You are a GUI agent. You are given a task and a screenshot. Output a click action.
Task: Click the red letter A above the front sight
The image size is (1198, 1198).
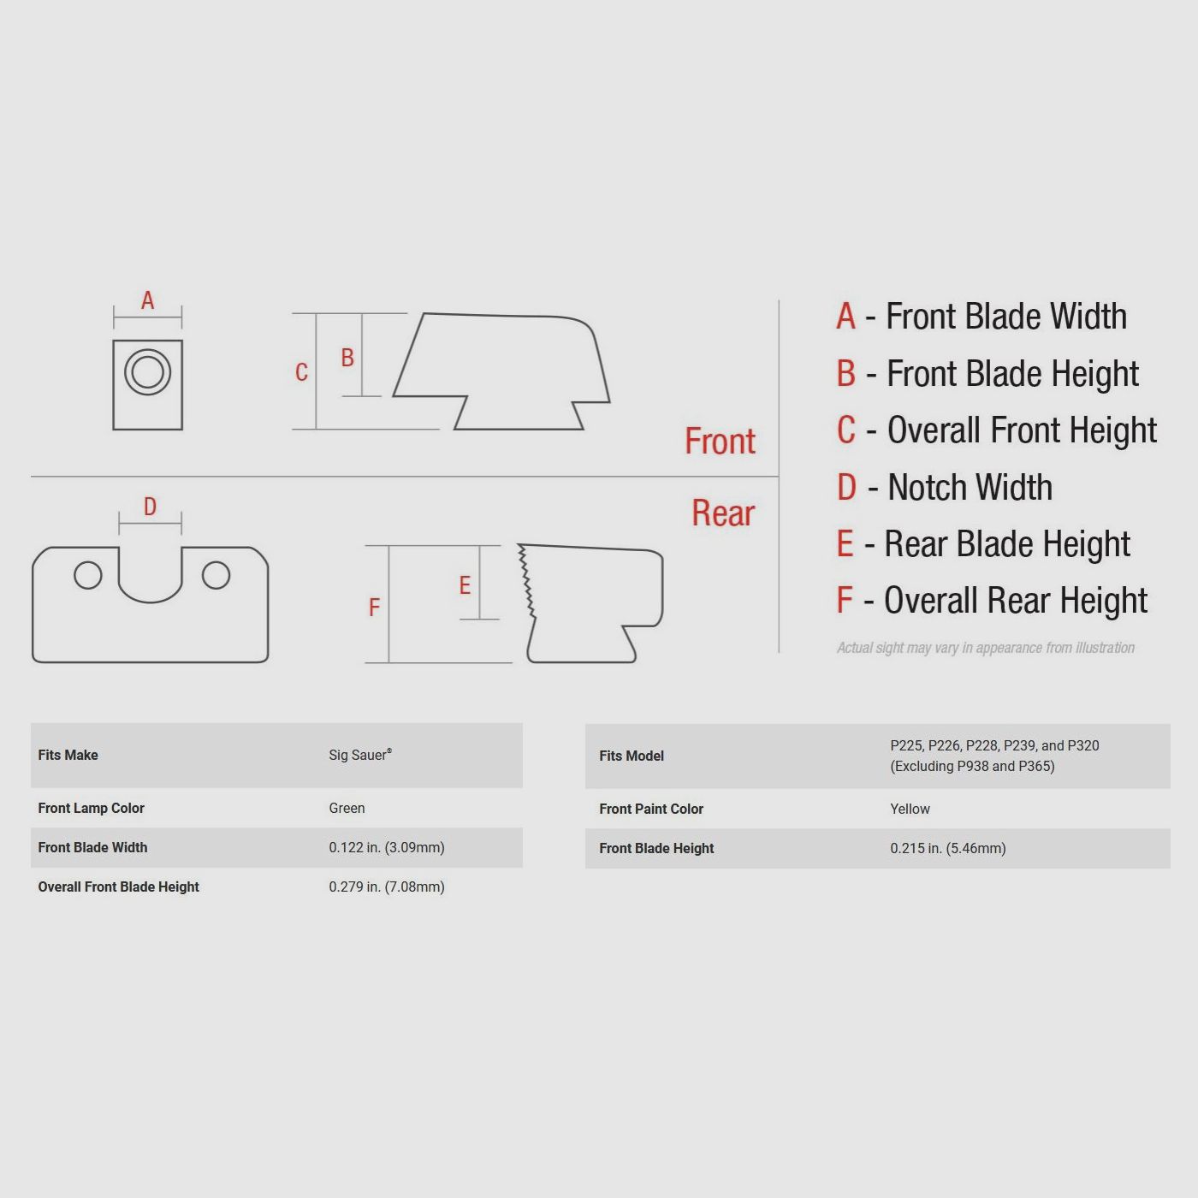147,300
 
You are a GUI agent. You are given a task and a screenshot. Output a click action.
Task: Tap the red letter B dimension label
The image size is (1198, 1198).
347,358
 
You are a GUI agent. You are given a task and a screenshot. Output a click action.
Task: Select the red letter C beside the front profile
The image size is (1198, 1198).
301,371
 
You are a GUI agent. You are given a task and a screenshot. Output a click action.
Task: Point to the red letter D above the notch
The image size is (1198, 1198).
150,507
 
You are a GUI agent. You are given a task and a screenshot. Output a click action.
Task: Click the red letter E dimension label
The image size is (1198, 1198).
465,585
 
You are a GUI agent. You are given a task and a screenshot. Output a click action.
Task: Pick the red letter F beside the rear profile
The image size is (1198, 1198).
374,608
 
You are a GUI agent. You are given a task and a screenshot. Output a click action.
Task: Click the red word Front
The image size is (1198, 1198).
720,442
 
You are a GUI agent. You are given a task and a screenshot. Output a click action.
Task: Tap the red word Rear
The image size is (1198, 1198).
723,513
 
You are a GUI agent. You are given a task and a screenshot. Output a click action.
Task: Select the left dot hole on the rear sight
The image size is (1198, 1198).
87,575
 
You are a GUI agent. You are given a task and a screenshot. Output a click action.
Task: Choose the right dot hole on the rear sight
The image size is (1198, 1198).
216,575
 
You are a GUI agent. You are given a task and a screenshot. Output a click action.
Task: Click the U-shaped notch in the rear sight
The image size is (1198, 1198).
151,602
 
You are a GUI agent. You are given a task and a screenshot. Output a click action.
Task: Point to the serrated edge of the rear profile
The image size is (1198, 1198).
526,581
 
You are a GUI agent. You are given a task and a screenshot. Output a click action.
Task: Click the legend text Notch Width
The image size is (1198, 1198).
970,488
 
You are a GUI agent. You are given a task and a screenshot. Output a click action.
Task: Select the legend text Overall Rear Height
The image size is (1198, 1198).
1015,601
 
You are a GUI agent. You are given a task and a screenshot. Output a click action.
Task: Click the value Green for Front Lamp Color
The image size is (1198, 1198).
347,808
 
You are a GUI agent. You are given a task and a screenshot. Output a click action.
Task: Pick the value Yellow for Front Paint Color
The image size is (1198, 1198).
910,809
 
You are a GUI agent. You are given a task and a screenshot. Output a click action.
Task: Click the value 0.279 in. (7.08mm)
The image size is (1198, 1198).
387,887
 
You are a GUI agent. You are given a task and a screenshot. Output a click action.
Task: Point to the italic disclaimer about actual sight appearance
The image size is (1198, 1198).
986,648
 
